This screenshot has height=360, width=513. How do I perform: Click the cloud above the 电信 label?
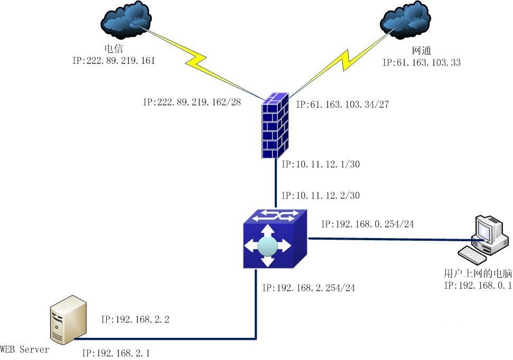[125, 21]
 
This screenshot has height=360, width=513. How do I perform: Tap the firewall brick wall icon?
[275, 125]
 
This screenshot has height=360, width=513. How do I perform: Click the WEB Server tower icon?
[68, 320]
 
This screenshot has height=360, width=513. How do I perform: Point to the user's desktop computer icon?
[483, 239]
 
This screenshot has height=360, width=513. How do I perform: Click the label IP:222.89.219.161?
[114, 61]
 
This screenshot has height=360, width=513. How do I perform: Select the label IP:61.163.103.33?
[422, 62]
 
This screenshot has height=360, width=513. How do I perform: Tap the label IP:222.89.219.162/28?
[192, 102]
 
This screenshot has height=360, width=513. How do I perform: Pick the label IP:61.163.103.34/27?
[342, 105]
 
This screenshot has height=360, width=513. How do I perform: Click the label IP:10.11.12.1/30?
[321, 165]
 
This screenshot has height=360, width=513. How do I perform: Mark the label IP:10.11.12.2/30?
[321, 195]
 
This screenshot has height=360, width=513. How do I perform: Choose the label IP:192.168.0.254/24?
[367, 224]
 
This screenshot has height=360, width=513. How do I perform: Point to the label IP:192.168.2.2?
[135, 319]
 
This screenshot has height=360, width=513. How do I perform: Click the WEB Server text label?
[24, 349]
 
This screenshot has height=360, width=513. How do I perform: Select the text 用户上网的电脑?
[478, 274]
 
